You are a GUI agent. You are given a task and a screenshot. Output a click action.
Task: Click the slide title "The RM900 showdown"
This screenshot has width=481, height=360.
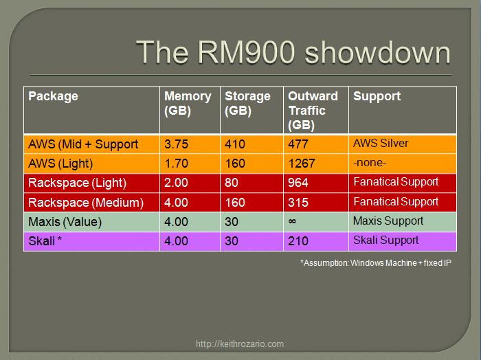coord(293,52)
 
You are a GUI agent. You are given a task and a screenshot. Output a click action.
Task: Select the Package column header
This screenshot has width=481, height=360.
coord(53,96)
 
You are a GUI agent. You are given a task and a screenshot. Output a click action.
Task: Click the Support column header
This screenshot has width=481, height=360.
coord(377,96)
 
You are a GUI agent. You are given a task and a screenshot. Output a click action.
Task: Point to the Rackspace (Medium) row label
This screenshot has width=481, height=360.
coord(85,202)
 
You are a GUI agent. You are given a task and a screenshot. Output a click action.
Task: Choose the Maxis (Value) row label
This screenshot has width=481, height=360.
coord(65,221)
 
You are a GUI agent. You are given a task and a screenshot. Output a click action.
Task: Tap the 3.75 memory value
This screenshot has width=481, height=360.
coord(177,144)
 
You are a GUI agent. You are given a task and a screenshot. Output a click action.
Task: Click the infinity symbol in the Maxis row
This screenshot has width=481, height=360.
coord(293,221)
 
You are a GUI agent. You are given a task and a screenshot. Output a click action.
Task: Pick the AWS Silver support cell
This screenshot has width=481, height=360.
coord(381,144)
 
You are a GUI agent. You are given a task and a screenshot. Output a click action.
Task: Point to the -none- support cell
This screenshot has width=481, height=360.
coord(370,164)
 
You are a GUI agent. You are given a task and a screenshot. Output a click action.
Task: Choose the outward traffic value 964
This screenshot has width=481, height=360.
coord(298,183)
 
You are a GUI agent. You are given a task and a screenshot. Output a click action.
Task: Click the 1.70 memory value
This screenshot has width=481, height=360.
coord(177,164)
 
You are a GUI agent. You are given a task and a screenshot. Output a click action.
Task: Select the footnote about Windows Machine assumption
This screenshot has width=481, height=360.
coord(375,262)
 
